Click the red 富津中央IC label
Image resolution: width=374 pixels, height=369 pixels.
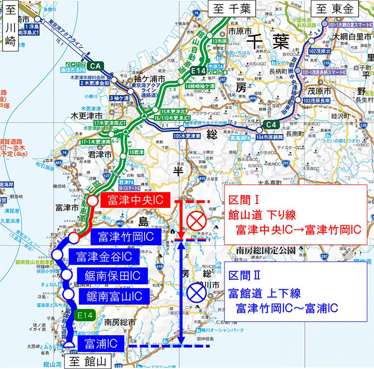tap(135, 201)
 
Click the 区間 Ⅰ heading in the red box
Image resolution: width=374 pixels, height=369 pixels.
tap(243, 200)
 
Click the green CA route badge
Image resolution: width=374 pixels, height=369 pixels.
tap(97, 65)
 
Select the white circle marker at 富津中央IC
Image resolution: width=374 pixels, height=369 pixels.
tap(93, 200)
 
